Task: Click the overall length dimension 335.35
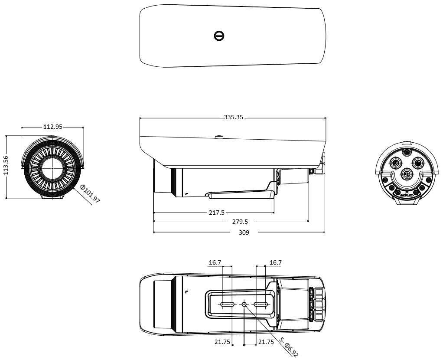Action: coord(233,117)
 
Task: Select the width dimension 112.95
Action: coord(53,127)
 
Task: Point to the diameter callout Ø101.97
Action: coord(90,194)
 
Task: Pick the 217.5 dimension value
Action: coord(217,213)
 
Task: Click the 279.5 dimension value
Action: coord(240,221)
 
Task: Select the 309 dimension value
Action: coord(244,232)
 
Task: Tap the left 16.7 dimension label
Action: coord(215,262)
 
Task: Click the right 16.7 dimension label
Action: coord(275,262)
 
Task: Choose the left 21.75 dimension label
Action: coord(222,342)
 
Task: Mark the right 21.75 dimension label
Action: coord(266,342)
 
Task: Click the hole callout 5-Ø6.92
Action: coord(289,347)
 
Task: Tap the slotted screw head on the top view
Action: coord(219,36)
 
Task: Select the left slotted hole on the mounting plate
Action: coord(227,304)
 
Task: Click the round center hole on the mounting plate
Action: coord(244,304)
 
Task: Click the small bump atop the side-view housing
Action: coord(219,137)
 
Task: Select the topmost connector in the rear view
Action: coord(407,152)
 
